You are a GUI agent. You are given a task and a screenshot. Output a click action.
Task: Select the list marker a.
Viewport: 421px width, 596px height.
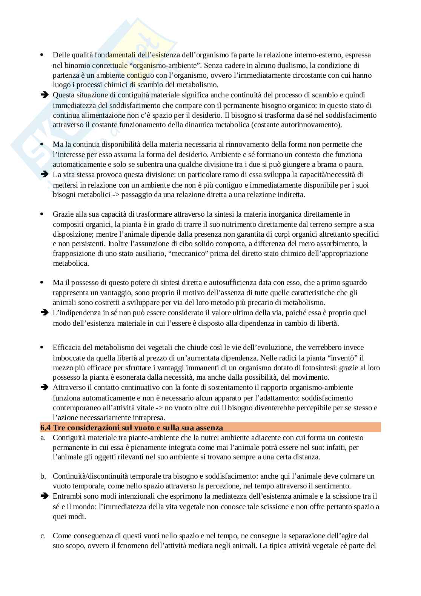click(x=43, y=438)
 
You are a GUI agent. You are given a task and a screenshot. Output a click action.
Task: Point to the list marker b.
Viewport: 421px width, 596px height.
click(x=43, y=476)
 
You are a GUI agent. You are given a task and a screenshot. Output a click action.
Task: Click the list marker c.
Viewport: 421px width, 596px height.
click(x=43, y=536)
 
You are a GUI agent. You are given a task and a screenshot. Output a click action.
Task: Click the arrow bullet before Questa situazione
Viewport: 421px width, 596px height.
click(x=44, y=95)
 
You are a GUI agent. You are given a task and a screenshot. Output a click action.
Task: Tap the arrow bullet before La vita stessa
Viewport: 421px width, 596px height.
click(x=44, y=174)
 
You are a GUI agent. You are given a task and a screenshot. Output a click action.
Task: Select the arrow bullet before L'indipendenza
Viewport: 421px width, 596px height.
click(x=44, y=313)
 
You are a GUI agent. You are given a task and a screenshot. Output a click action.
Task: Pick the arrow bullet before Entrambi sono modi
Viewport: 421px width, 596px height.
click(x=44, y=496)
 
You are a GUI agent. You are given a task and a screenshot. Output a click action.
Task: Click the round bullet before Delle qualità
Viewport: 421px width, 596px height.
click(x=42, y=55)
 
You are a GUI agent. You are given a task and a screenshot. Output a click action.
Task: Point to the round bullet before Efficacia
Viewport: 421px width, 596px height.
click(x=42, y=347)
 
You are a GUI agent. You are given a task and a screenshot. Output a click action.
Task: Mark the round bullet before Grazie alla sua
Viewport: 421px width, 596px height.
click(x=42, y=214)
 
